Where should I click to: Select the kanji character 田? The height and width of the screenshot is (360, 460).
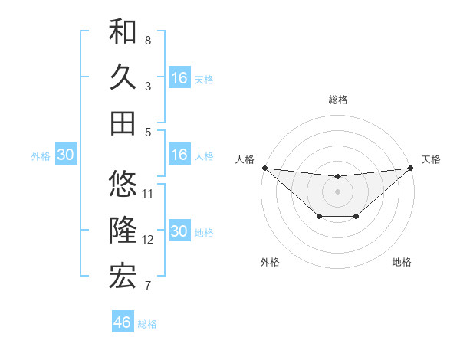pos(123,123)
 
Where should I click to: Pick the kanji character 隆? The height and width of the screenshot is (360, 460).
pos(123,230)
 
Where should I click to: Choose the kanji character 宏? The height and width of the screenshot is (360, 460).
pos(123,276)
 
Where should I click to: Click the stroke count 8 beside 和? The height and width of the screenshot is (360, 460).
pos(148,40)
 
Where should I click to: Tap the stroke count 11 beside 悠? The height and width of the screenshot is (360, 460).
pos(149,193)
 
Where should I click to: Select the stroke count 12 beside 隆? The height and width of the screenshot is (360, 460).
pos(149,240)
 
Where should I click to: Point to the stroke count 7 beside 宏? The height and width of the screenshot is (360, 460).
pos(148,286)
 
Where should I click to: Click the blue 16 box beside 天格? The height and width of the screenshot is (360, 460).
pos(179,78)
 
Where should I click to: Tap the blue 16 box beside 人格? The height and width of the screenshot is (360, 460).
pos(179,155)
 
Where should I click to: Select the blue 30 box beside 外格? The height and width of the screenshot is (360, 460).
pos(66,155)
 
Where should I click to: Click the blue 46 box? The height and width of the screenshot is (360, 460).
pos(123,322)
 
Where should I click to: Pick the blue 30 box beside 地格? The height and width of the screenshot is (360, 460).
pos(179,232)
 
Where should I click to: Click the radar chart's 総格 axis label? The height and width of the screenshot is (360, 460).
pos(337,100)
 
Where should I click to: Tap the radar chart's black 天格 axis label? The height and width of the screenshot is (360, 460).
pos(431,159)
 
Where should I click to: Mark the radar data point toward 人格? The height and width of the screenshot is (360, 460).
pos(264,168)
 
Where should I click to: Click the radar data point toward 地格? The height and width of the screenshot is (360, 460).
pos(356,218)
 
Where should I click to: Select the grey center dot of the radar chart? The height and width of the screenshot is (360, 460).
pos(337,191)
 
